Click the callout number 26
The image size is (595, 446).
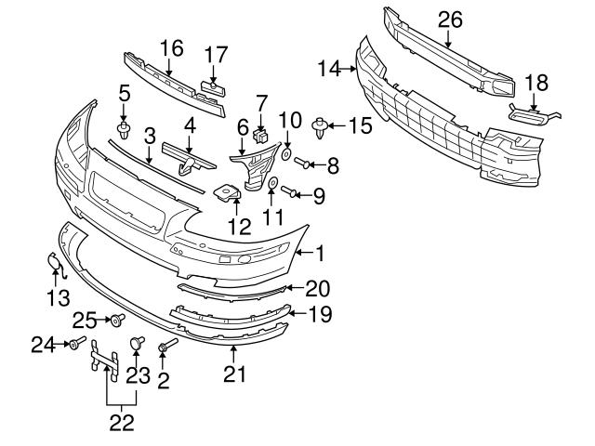pos(449,17)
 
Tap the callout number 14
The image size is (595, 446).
pos(327,67)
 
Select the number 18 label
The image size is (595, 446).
pos(536,82)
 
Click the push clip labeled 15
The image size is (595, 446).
pos(322,125)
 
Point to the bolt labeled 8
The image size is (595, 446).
pos(302,164)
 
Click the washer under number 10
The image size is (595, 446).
pos(287,151)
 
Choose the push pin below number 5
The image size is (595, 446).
pos(124,126)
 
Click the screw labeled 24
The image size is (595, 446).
pos(73,345)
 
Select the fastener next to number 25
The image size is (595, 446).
pos(117,321)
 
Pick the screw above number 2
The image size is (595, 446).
pos(164,348)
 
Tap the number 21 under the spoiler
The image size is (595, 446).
pos(233,374)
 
